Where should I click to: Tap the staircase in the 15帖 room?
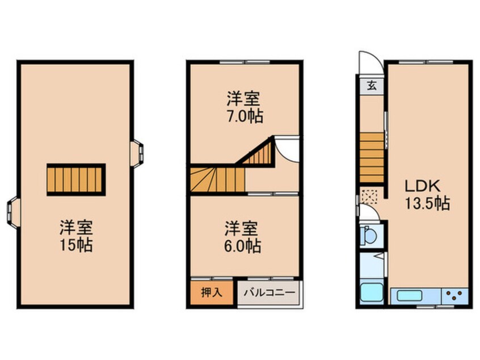(76, 179)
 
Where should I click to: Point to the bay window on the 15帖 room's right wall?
(136, 153)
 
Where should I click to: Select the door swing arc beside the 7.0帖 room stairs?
(288, 148)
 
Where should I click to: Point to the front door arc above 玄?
(368, 63)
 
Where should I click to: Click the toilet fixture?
(369, 234)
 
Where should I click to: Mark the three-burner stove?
(455, 295)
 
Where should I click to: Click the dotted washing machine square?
(369, 196)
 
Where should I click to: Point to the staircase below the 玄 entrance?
(372, 156)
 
